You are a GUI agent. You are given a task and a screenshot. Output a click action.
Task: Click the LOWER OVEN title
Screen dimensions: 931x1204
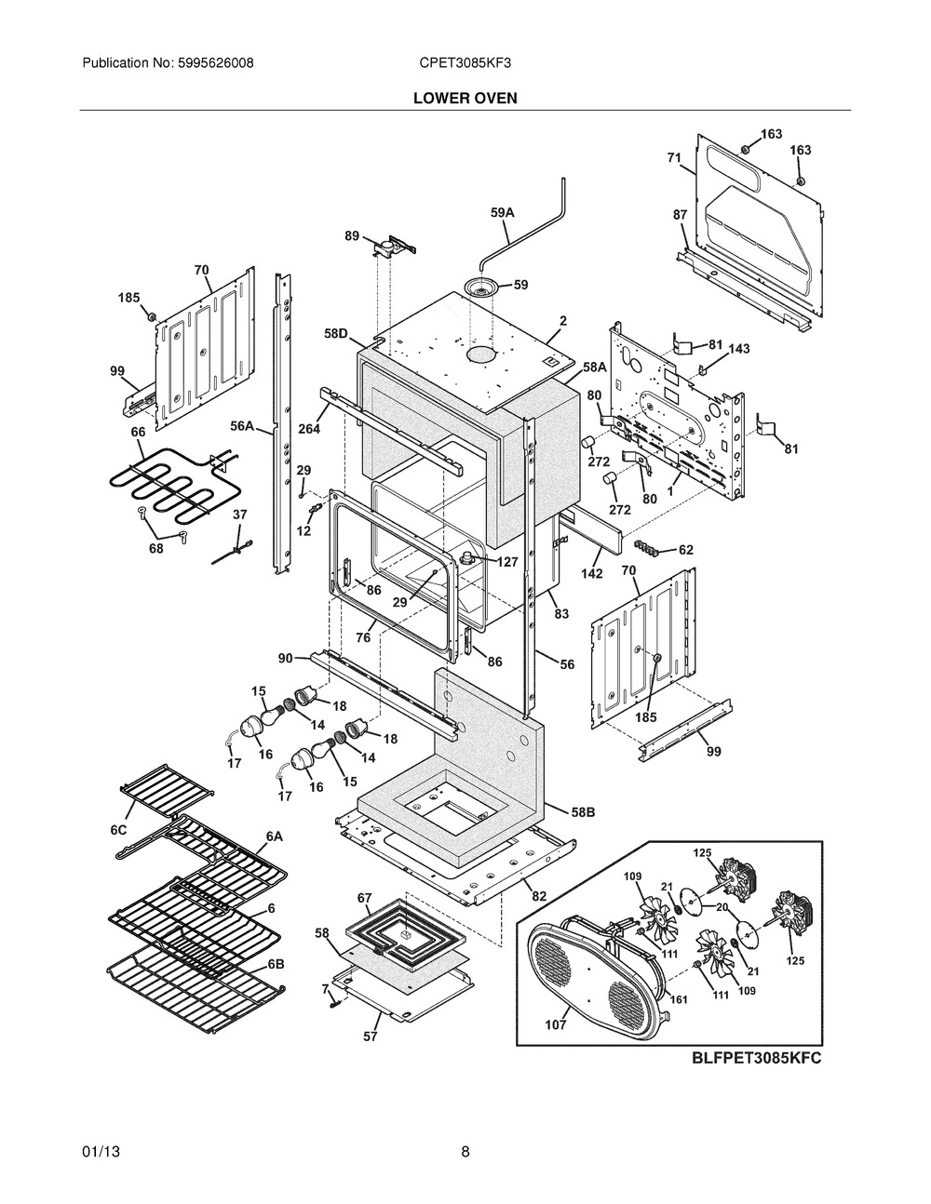click(465, 98)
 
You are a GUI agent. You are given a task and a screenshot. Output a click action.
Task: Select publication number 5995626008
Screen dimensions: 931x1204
click(216, 63)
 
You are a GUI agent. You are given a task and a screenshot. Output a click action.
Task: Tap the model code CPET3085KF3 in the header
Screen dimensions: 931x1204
click(465, 63)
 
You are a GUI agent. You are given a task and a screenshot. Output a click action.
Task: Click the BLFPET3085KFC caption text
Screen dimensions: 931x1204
click(756, 1058)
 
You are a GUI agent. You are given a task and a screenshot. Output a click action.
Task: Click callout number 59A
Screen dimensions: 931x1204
click(503, 212)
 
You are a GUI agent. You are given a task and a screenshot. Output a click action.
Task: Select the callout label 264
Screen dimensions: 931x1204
click(309, 428)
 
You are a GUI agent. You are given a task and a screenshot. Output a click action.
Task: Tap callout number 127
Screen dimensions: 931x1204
click(507, 562)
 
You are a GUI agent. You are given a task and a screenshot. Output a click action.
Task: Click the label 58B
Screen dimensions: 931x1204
click(583, 812)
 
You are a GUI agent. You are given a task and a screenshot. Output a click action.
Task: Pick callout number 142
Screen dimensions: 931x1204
click(591, 573)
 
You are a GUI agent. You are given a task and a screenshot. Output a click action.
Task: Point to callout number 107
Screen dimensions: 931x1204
click(555, 1024)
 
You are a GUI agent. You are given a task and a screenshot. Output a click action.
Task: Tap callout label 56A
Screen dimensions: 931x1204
click(242, 426)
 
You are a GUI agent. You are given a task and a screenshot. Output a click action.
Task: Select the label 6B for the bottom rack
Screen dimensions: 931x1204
click(276, 964)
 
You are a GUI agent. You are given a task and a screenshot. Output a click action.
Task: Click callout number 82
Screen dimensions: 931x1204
click(539, 895)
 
